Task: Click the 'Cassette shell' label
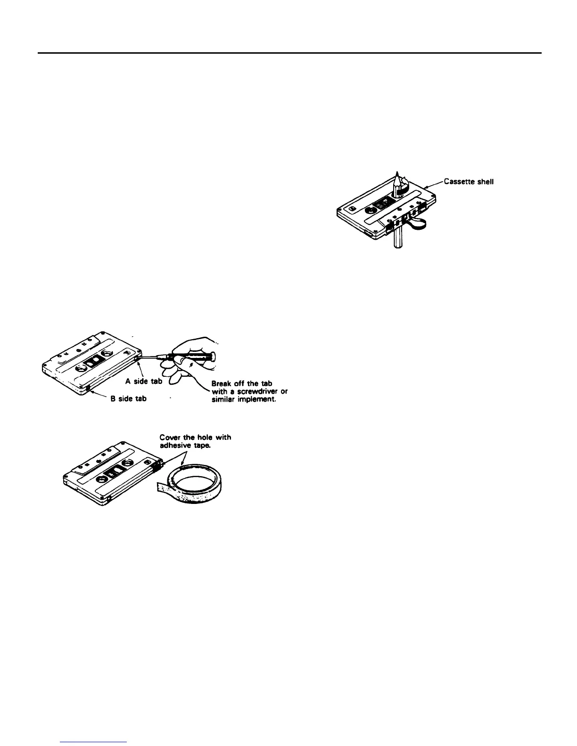tap(469, 182)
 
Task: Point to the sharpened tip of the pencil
tap(397, 173)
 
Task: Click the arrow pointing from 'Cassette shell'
tap(434, 185)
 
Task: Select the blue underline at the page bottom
tap(95, 742)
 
